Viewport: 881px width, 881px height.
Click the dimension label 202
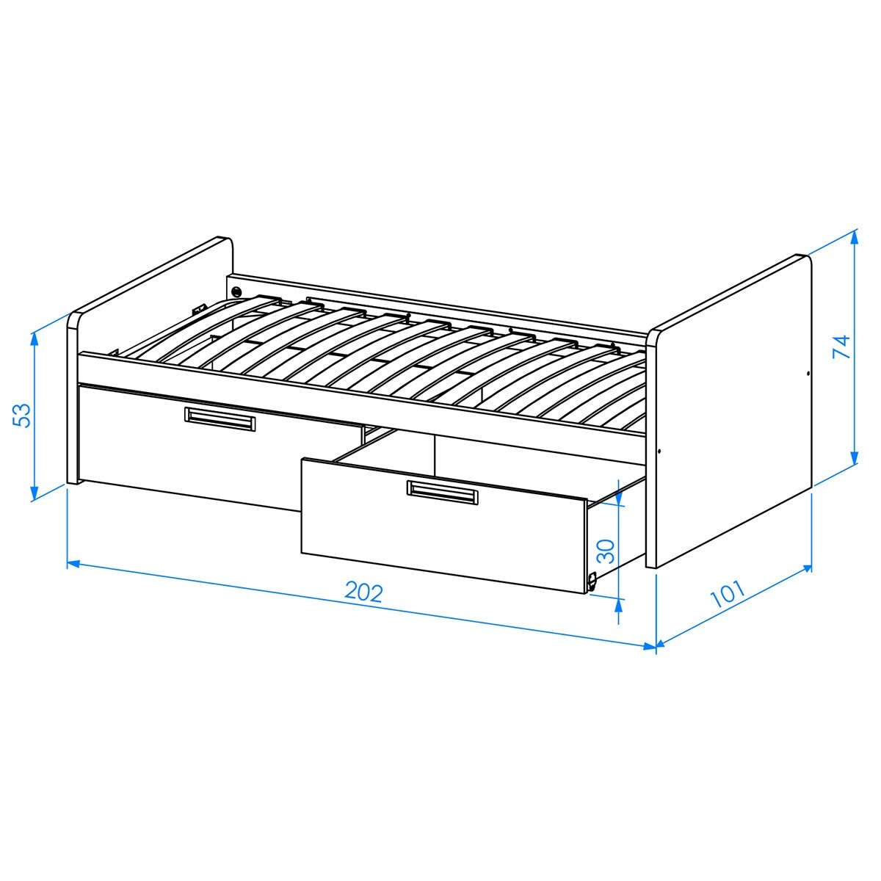click(x=363, y=593)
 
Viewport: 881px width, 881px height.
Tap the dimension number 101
click(x=728, y=594)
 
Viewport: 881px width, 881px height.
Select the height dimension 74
click(x=841, y=347)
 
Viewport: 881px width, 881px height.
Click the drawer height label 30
click(x=606, y=551)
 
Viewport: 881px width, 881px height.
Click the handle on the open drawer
click(x=442, y=493)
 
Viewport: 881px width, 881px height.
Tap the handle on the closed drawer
click(x=220, y=418)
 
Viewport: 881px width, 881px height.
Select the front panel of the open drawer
click(x=443, y=526)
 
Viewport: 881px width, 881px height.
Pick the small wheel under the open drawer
click(x=592, y=581)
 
